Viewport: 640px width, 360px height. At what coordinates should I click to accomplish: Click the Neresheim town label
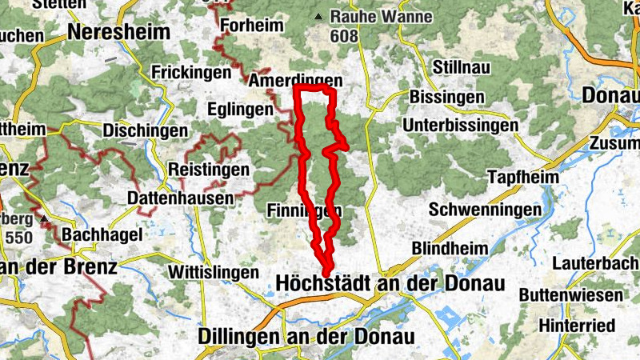tap(120, 33)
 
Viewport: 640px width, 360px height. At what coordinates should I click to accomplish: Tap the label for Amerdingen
tap(295, 82)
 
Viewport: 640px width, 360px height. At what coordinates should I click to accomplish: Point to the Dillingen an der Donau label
tap(306, 337)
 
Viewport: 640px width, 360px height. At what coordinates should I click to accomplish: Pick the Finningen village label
tap(304, 210)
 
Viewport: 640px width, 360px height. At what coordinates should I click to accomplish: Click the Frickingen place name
tap(190, 70)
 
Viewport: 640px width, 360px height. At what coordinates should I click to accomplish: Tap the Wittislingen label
tap(214, 272)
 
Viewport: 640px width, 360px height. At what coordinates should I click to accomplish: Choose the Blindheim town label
tap(450, 249)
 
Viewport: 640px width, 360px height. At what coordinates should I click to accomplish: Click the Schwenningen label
tap(485, 210)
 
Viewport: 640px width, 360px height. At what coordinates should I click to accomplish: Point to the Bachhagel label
tap(102, 235)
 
